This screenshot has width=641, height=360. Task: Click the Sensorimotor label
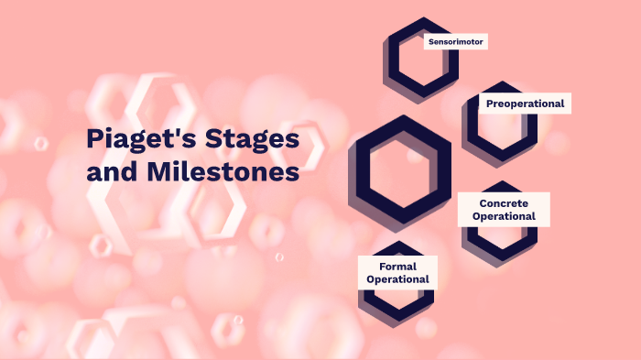point(455,41)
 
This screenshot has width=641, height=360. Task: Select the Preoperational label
point(525,104)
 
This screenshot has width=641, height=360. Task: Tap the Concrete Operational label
point(503,209)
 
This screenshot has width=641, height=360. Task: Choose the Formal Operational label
point(397,272)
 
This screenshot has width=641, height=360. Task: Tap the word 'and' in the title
point(114,172)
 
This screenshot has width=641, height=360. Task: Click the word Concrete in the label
point(503,202)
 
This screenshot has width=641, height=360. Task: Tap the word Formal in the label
point(397,265)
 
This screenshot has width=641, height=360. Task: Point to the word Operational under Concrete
point(503,216)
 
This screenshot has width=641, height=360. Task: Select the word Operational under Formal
point(397,279)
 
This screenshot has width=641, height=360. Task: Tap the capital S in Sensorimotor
point(430,41)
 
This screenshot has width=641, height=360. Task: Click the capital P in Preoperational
point(489,104)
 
